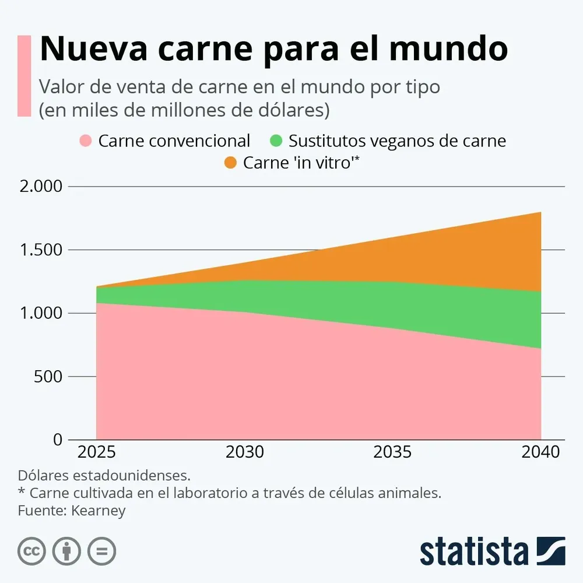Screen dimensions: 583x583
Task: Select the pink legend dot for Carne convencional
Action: [86, 141]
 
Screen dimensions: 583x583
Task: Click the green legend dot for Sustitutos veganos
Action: [276, 141]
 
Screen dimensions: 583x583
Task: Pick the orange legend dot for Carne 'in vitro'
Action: [230, 163]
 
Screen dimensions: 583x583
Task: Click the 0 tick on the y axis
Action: [57, 440]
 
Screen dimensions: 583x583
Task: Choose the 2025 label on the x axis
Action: [97, 452]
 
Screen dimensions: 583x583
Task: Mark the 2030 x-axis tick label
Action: [245, 452]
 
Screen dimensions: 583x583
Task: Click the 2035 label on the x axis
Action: [393, 452]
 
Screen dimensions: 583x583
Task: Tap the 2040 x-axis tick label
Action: [540, 452]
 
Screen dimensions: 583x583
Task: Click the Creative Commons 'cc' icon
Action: [32, 551]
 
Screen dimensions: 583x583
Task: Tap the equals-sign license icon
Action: [102, 551]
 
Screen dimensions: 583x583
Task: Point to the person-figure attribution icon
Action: [67, 551]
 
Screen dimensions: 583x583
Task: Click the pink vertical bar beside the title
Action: [24, 76]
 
